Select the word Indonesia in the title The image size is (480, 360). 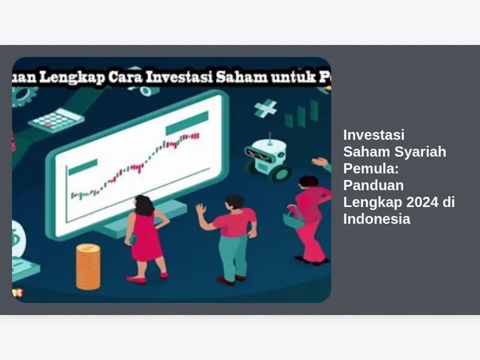(377, 219)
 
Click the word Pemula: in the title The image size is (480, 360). (371, 169)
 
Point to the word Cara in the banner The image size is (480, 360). (125, 77)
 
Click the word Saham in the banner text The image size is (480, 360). (242, 77)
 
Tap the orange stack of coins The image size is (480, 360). (88, 266)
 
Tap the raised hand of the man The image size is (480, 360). (201, 211)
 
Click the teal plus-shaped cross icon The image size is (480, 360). (265, 109)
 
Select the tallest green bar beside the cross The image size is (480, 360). (314, 111)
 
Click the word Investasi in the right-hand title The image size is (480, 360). (374, 135)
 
